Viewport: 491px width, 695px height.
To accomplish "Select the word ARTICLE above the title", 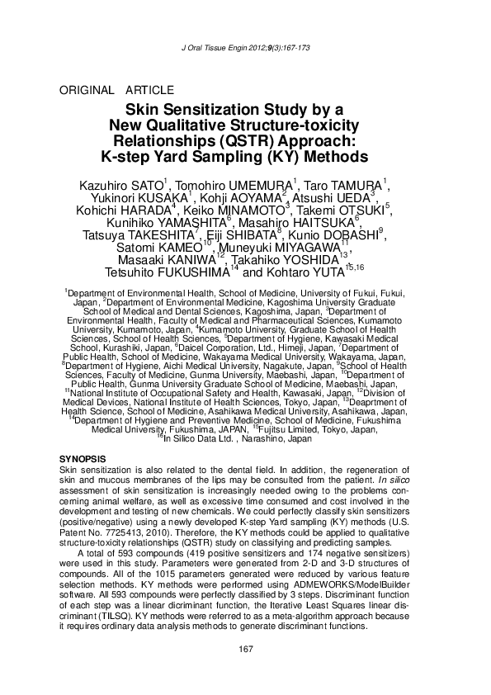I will pos(149,90).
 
